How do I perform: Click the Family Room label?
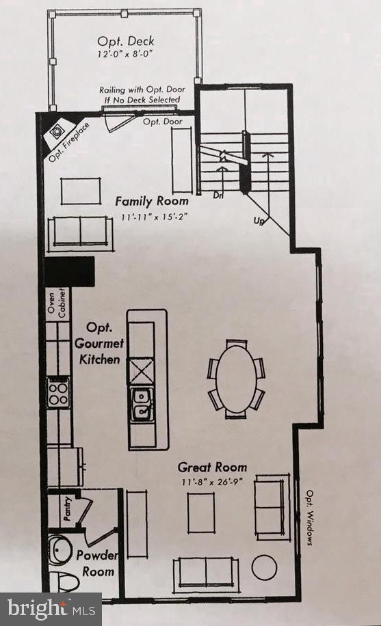coord(152,202)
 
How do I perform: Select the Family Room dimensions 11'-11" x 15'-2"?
coord(152,217)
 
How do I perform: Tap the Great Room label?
coord(212,467)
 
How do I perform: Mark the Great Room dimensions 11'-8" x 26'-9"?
coord(212,482)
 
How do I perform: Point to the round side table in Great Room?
coord(264,567)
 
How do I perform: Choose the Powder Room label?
coord(95,563)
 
